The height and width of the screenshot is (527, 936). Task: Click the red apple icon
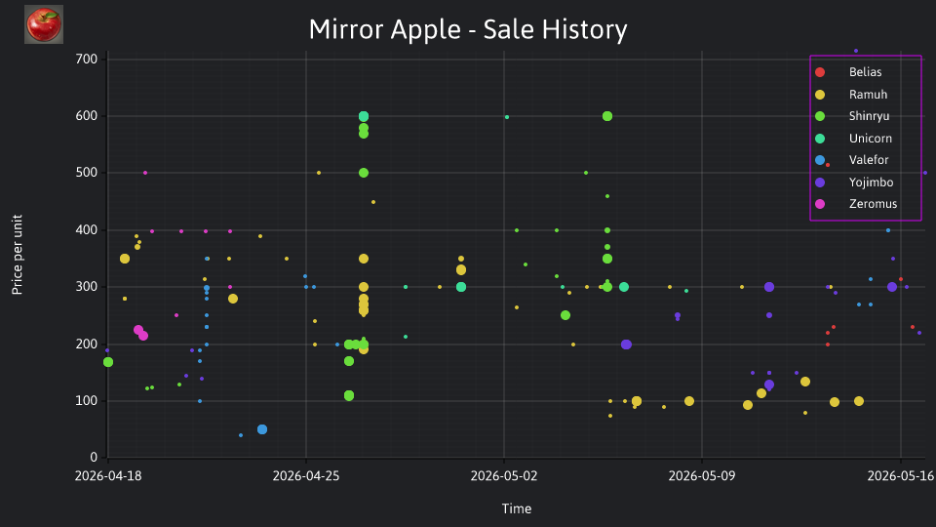point(44,24)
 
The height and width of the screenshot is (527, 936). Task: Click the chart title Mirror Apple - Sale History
point(468,29)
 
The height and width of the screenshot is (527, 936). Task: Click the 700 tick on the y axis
point(87,59)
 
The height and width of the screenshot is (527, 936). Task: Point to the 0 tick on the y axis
point(94,457)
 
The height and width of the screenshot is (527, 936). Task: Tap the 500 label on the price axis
point(87,173)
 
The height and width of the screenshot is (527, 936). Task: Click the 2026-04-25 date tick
point(305,475)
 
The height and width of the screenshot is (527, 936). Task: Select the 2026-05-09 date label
point(701,475)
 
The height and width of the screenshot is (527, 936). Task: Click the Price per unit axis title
point(18,255)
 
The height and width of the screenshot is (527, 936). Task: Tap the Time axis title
point(517,508)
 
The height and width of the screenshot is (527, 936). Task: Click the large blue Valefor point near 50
point(262,429)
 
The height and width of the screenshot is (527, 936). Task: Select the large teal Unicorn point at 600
point(364,116)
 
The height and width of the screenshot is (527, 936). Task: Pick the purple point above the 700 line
point(855,51)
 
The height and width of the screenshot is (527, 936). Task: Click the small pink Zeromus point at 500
point(145,173)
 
